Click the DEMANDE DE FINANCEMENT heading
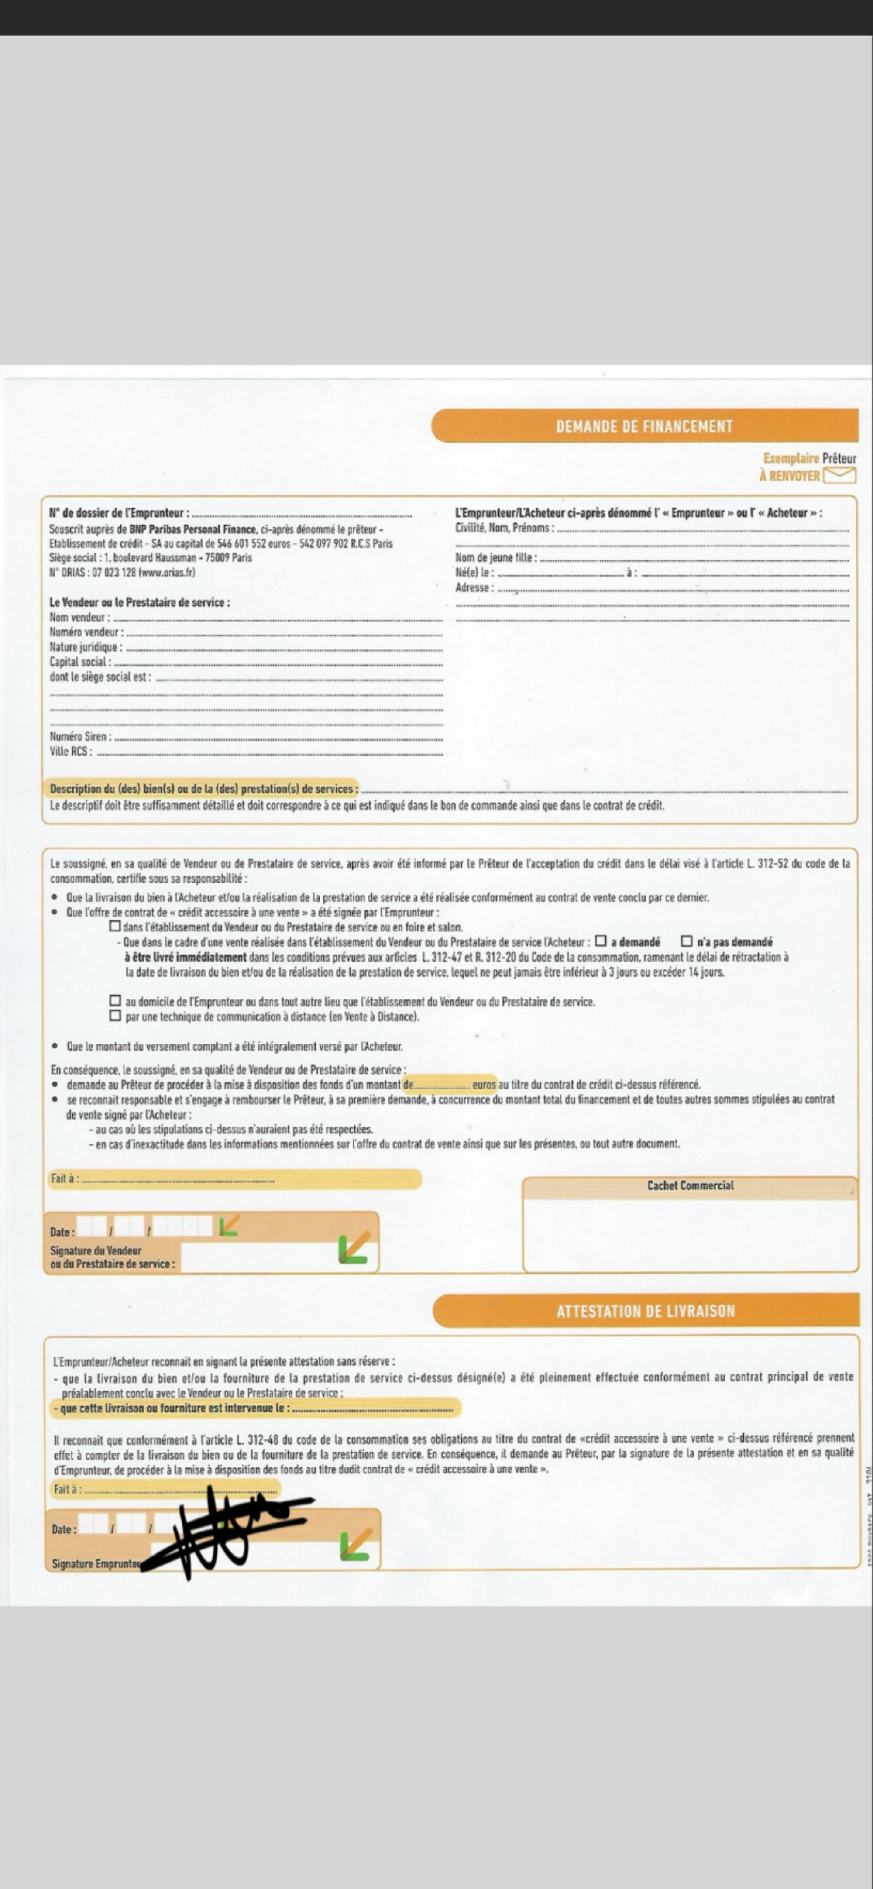click(644, 426)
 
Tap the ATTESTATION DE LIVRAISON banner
click(646, 1310)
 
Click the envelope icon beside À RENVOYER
click(839, 475)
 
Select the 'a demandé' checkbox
click(601, 941)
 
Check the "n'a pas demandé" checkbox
click(687, 941)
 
